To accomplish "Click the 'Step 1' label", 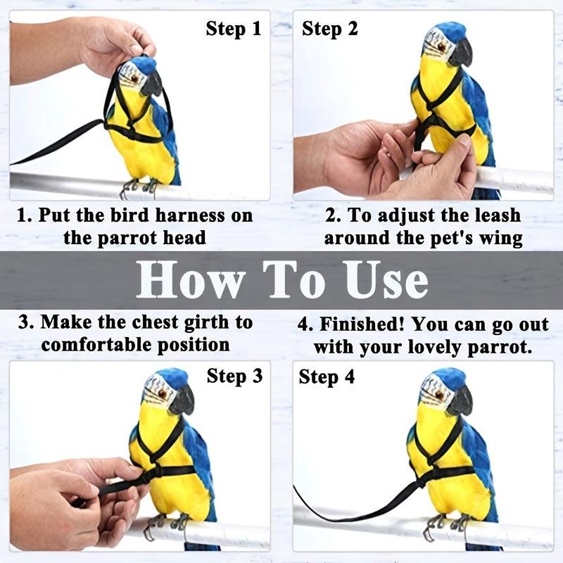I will pyautogui.click(x=234, y=29).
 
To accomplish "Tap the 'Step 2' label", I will pyautogui.click(x=330, y=29).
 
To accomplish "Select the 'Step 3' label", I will pyautogui.click(x=234, y=376).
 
